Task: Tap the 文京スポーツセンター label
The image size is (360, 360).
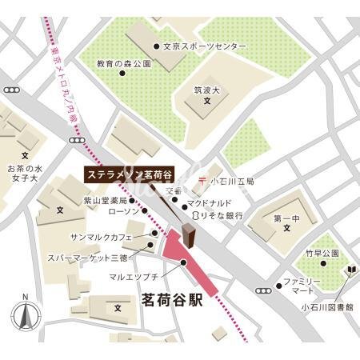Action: [204, 47]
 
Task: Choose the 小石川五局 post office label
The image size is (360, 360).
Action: [232, 182]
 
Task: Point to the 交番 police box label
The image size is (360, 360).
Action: [174, 192]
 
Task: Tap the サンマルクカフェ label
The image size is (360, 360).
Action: [112, 238]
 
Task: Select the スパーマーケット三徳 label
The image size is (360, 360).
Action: [98, 257]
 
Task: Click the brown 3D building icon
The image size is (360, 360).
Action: [189, 237]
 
